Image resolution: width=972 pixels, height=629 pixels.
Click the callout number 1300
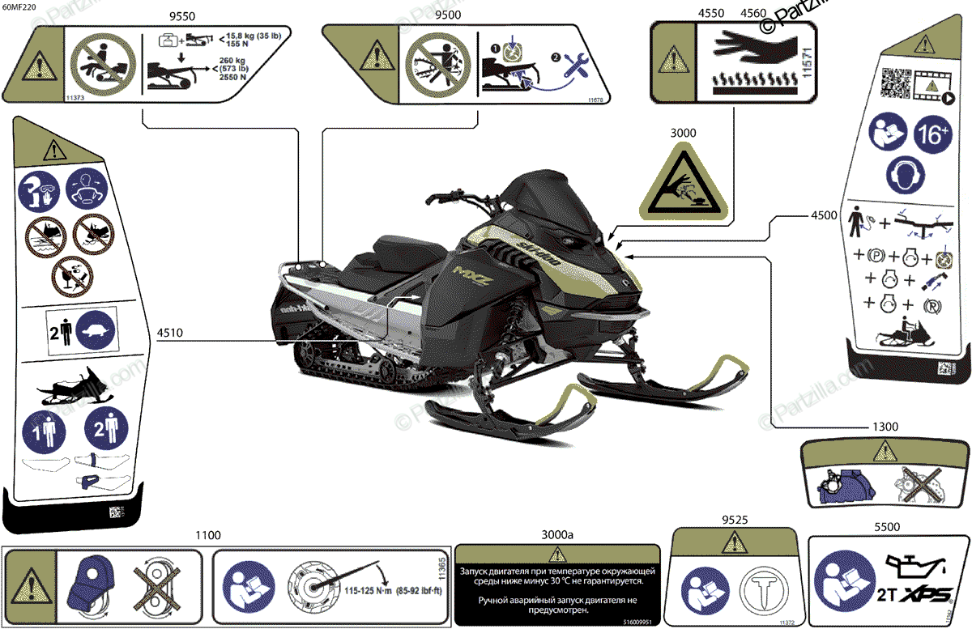886,427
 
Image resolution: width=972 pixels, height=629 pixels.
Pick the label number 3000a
556,535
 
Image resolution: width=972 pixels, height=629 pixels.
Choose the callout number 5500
887,526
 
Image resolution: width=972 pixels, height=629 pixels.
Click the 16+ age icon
932,134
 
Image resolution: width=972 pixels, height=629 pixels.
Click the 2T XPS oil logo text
916,592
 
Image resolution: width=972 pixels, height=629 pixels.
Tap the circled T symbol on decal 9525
760,589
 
